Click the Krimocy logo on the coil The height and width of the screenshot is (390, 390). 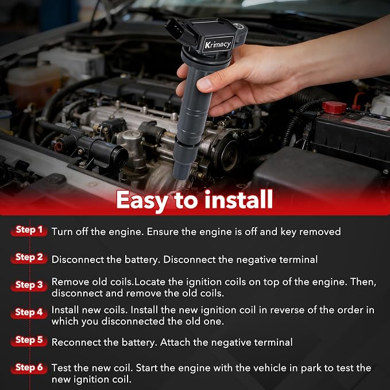tap(218, 44)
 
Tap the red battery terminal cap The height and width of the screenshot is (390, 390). tap(334, 107)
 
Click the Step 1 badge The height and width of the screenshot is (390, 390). tap(29, 230)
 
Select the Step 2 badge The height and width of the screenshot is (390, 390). tap(29, 258)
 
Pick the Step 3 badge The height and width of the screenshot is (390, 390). tap(29, 285)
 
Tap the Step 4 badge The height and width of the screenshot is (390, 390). tap(29, 312)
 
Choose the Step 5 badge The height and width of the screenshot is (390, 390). tap(29, 340)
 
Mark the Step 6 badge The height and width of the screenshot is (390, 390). tap(29, 368)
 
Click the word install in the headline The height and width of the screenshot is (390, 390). tap(238, 199)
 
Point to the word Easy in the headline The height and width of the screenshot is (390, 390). tap(142, 201)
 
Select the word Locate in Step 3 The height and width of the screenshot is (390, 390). tap(150, 282)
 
